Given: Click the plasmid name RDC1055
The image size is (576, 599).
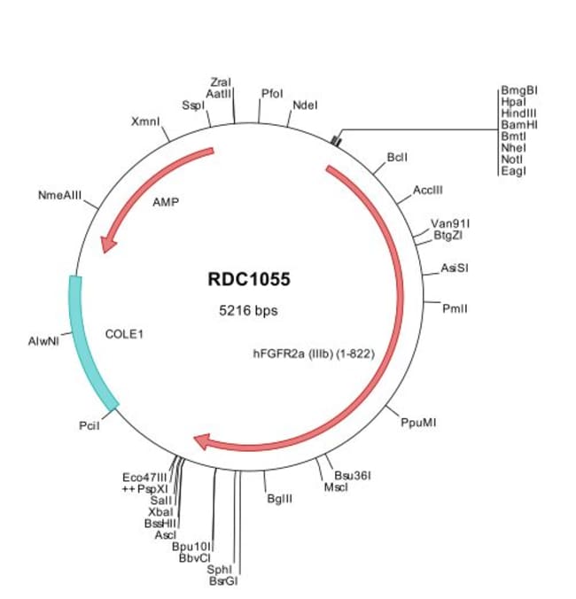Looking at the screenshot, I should (249, 280).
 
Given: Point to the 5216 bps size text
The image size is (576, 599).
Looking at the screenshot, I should (249, 311).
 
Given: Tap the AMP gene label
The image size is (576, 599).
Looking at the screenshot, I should (166, 202).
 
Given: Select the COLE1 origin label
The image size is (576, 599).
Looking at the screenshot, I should (124, 334).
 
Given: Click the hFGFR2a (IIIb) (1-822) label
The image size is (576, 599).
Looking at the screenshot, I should (314, 353).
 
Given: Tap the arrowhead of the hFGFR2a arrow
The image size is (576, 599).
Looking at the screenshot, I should (204, 441).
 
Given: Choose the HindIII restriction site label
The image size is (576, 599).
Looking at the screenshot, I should (519, 113).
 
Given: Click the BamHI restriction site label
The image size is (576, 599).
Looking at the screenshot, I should (519, 125).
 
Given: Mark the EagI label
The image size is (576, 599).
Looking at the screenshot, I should (514, 170).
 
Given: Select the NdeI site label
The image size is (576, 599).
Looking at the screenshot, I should (304, 105).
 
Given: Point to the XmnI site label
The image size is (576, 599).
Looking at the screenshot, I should (145, 120).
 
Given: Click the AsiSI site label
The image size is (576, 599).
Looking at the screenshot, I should (454, 268).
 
